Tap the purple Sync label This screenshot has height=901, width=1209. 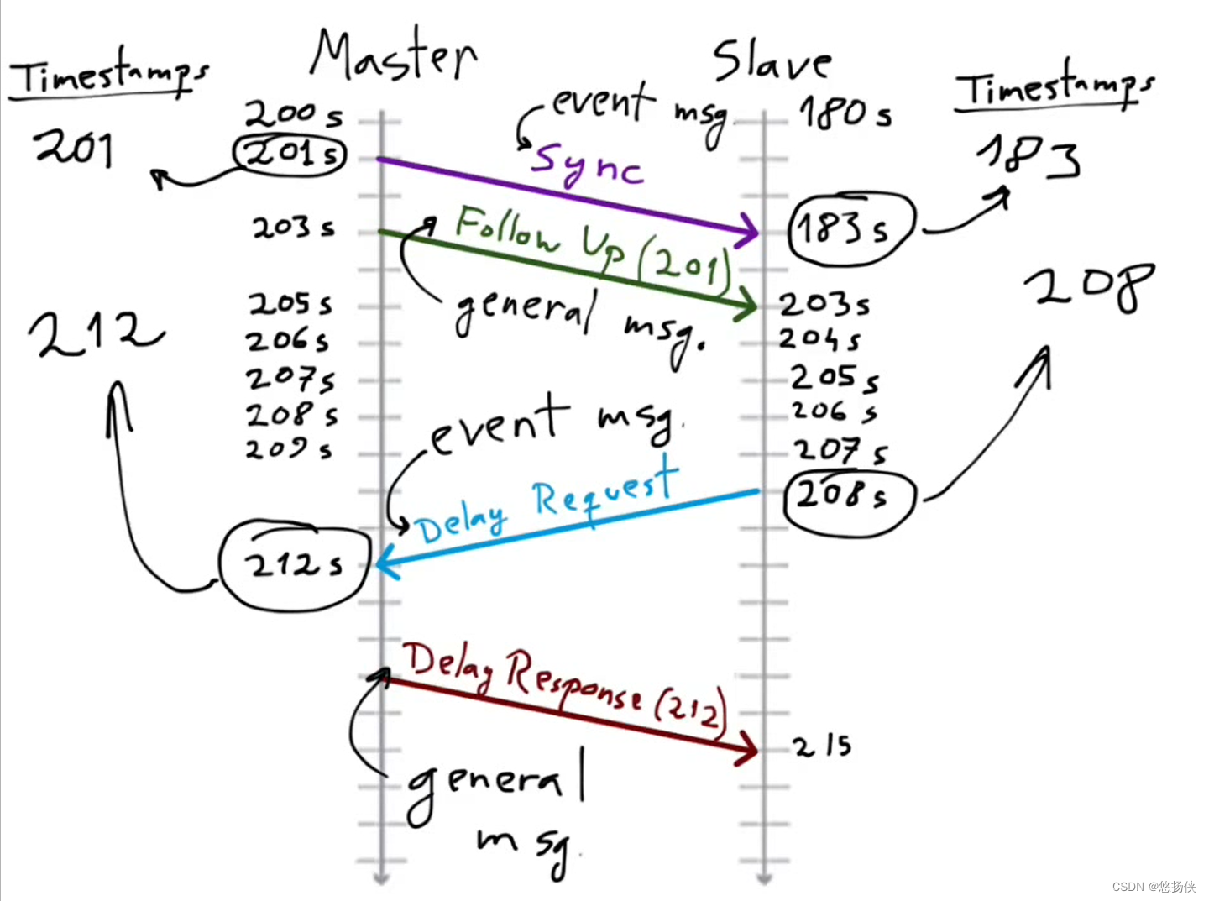tap(587, 165)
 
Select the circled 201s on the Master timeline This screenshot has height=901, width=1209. tap(290, 154)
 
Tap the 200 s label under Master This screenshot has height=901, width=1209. tap(293, 113)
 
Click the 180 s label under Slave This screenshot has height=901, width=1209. tap(845, 113)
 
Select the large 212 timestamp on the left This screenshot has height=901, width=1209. tap(95, 331)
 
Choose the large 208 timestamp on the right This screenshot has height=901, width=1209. tap(1089, 286)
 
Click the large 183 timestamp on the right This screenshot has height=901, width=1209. tap(1029, 157)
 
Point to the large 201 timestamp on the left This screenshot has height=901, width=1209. tap(74, 148)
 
